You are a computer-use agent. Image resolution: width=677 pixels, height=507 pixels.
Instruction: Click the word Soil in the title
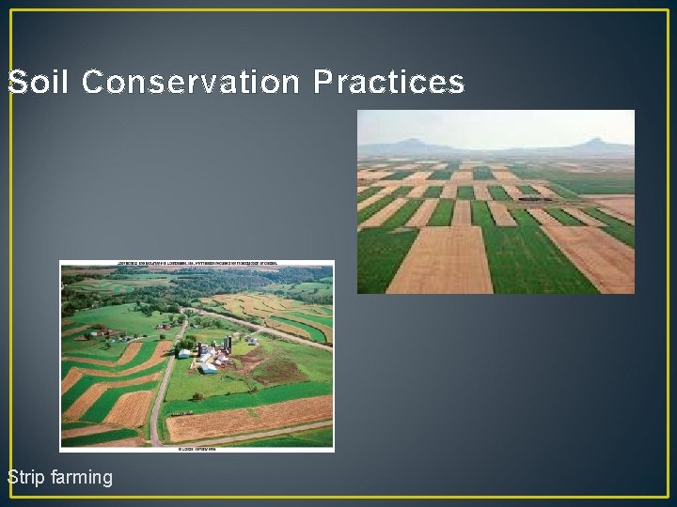pyautogui.click(x=37, y=83)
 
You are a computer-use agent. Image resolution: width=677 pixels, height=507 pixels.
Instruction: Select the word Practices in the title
pyautogui.click(x=388, y=83)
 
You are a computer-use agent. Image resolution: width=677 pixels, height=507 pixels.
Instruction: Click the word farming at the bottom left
pyautogui.click(x=82, y=478)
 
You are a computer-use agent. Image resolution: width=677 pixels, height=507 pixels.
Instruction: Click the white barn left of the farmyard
pyautogui.click(x=184, y=353)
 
